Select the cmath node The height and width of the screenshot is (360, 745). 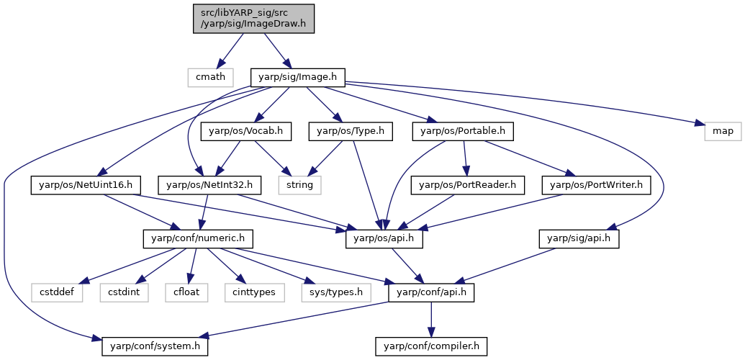pyautogui.click(x=210, y=77)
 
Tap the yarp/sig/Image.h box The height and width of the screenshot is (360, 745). pyautogui.click(x=298, y=77)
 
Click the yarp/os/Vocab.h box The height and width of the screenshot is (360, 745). pyautogui.click(x=245, y=131)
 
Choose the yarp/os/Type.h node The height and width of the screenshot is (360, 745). pyautogui.click(x=351, y=131)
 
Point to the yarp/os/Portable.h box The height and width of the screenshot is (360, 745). pyautogui.click(x=464, y=131)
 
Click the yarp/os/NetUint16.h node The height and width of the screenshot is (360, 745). pyautogui.click(x=82, y=184)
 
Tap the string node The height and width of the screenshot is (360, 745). pyautogui.click(x=299, y=184)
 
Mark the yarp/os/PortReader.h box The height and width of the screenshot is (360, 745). pyautogui.click(x=469, y=184)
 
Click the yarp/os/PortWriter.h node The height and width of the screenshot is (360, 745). pyautogui.click(x=596, y=184)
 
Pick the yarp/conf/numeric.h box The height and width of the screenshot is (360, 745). pyautogui.click(x=198, y=239)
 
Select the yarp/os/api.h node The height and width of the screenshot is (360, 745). pyautogui.click(x=384, y=239)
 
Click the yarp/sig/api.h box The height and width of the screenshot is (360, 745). pyautogui.click(x=579, y=239)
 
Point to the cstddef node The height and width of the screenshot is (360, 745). pyautogui.click(x=58, y=292)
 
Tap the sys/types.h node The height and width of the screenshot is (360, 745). pyautogui.click(x=335, y=292)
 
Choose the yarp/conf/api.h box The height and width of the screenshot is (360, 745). pyautogui.click(x=431, y=292)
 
